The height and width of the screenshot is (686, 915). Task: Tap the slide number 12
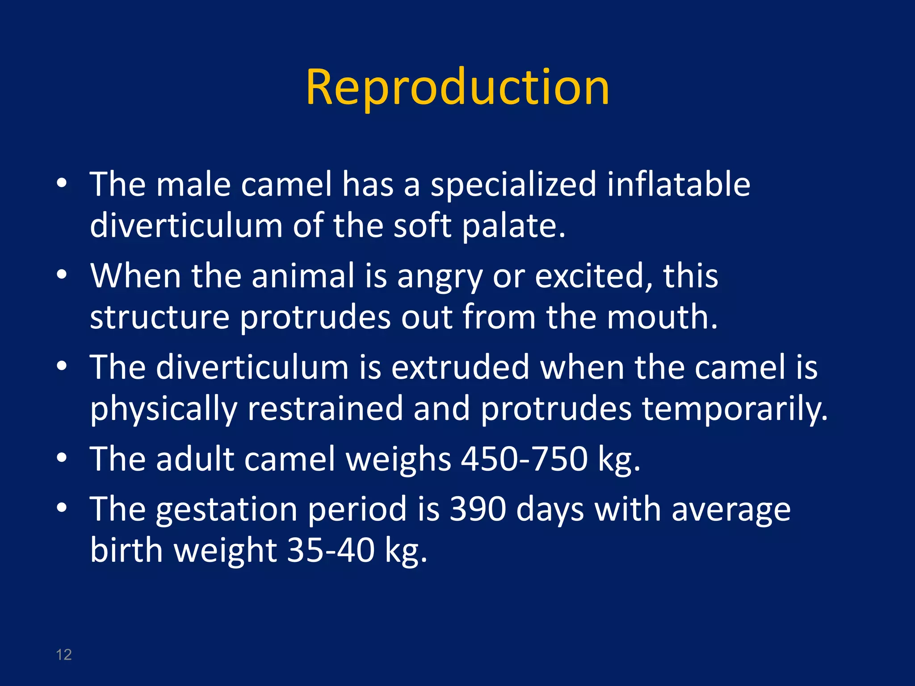64,654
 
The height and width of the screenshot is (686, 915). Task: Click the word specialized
513,184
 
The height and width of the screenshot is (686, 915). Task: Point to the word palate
513,226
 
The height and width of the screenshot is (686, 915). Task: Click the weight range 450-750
524,459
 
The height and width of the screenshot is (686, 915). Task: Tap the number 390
478,509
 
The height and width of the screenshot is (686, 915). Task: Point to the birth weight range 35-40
331,550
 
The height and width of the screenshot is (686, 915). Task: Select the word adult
195,459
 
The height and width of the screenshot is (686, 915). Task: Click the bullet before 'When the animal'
62,274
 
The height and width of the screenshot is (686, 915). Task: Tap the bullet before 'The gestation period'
62,507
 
